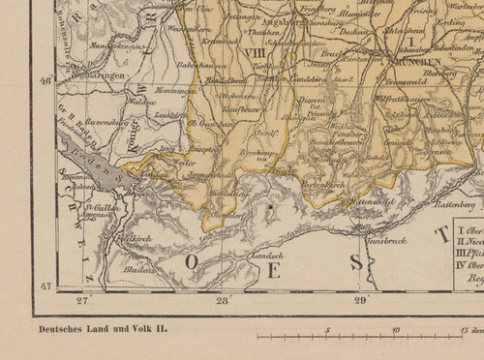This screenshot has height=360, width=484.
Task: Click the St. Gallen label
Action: click(x=95, y=206)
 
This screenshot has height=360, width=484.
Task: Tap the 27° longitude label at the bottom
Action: click(x=83, y=301)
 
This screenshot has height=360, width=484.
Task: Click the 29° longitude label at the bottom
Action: click(x=360, y=301)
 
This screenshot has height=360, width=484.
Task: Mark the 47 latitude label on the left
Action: click(x=43, y=288)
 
